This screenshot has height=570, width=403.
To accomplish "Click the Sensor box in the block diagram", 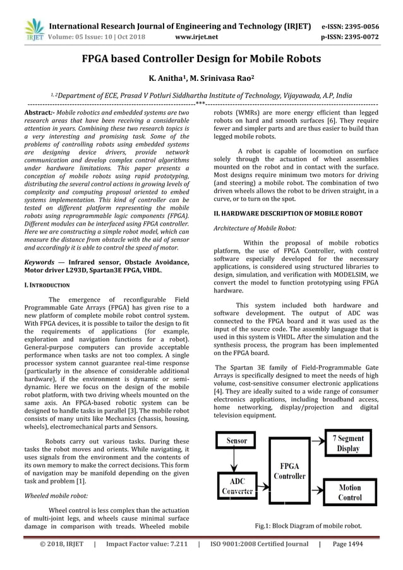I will click(x=237, y=439).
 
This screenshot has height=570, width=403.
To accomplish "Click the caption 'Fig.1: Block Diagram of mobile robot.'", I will click(x=308, y=525).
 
